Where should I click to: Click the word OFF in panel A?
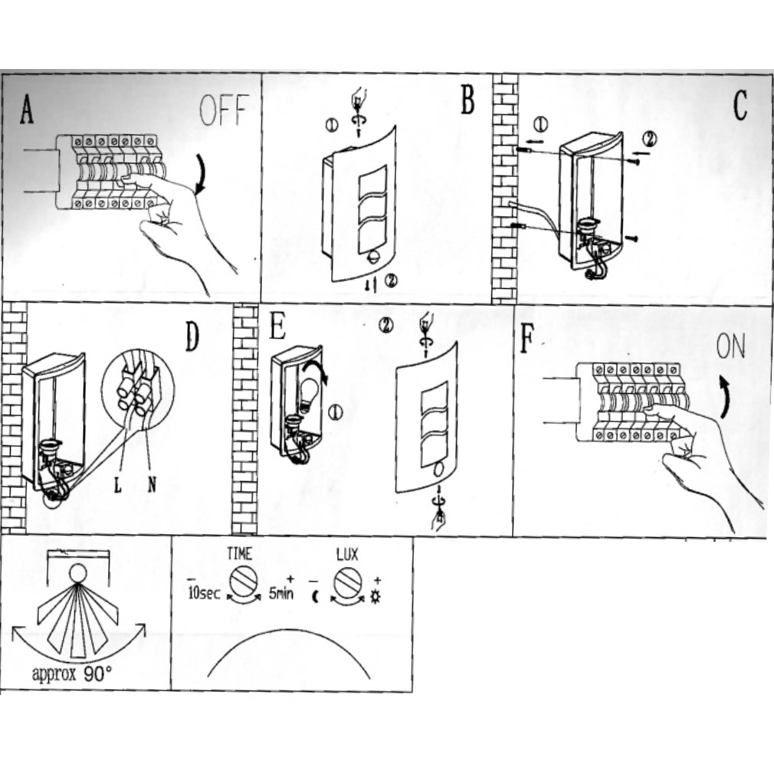click(224, 112)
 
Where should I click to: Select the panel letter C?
click(739, 107)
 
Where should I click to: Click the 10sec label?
click(204, 594)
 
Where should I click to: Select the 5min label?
click(280, 594)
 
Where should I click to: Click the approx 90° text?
click(72, 674)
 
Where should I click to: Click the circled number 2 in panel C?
click(649, 139)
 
